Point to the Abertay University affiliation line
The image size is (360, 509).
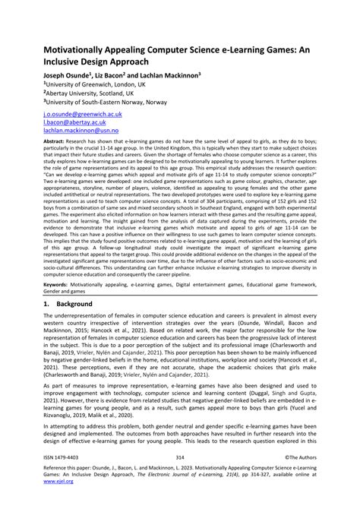(x=73, y=94)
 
